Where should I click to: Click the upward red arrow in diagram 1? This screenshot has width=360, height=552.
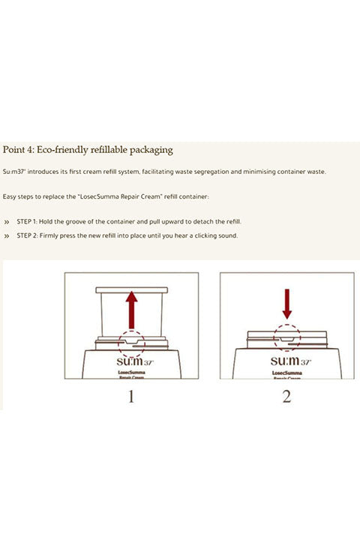pos(131,310)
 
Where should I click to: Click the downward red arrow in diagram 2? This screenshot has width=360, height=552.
pos(287,304)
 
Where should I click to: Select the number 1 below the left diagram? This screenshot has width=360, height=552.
pos(131,397)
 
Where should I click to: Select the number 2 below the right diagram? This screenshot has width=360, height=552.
pos(286,397)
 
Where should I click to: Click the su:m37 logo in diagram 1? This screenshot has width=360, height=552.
pos(135,361)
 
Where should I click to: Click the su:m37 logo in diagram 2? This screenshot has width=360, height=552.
pos(291,361)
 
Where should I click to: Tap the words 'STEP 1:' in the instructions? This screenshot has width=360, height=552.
pos(27,222)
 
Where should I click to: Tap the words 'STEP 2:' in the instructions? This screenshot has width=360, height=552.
pos(28,235)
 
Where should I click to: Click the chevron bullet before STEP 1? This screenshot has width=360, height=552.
pos(7,222)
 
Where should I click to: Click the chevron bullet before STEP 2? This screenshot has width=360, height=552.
pos(7,235)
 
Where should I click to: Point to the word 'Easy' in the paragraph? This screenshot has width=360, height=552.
pos(9,196)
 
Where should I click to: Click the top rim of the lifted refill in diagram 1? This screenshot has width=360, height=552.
pos(131,290)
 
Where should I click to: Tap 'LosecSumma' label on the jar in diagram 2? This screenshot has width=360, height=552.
pos(286,373)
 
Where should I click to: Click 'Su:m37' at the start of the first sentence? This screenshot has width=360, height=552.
pos(13,172)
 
